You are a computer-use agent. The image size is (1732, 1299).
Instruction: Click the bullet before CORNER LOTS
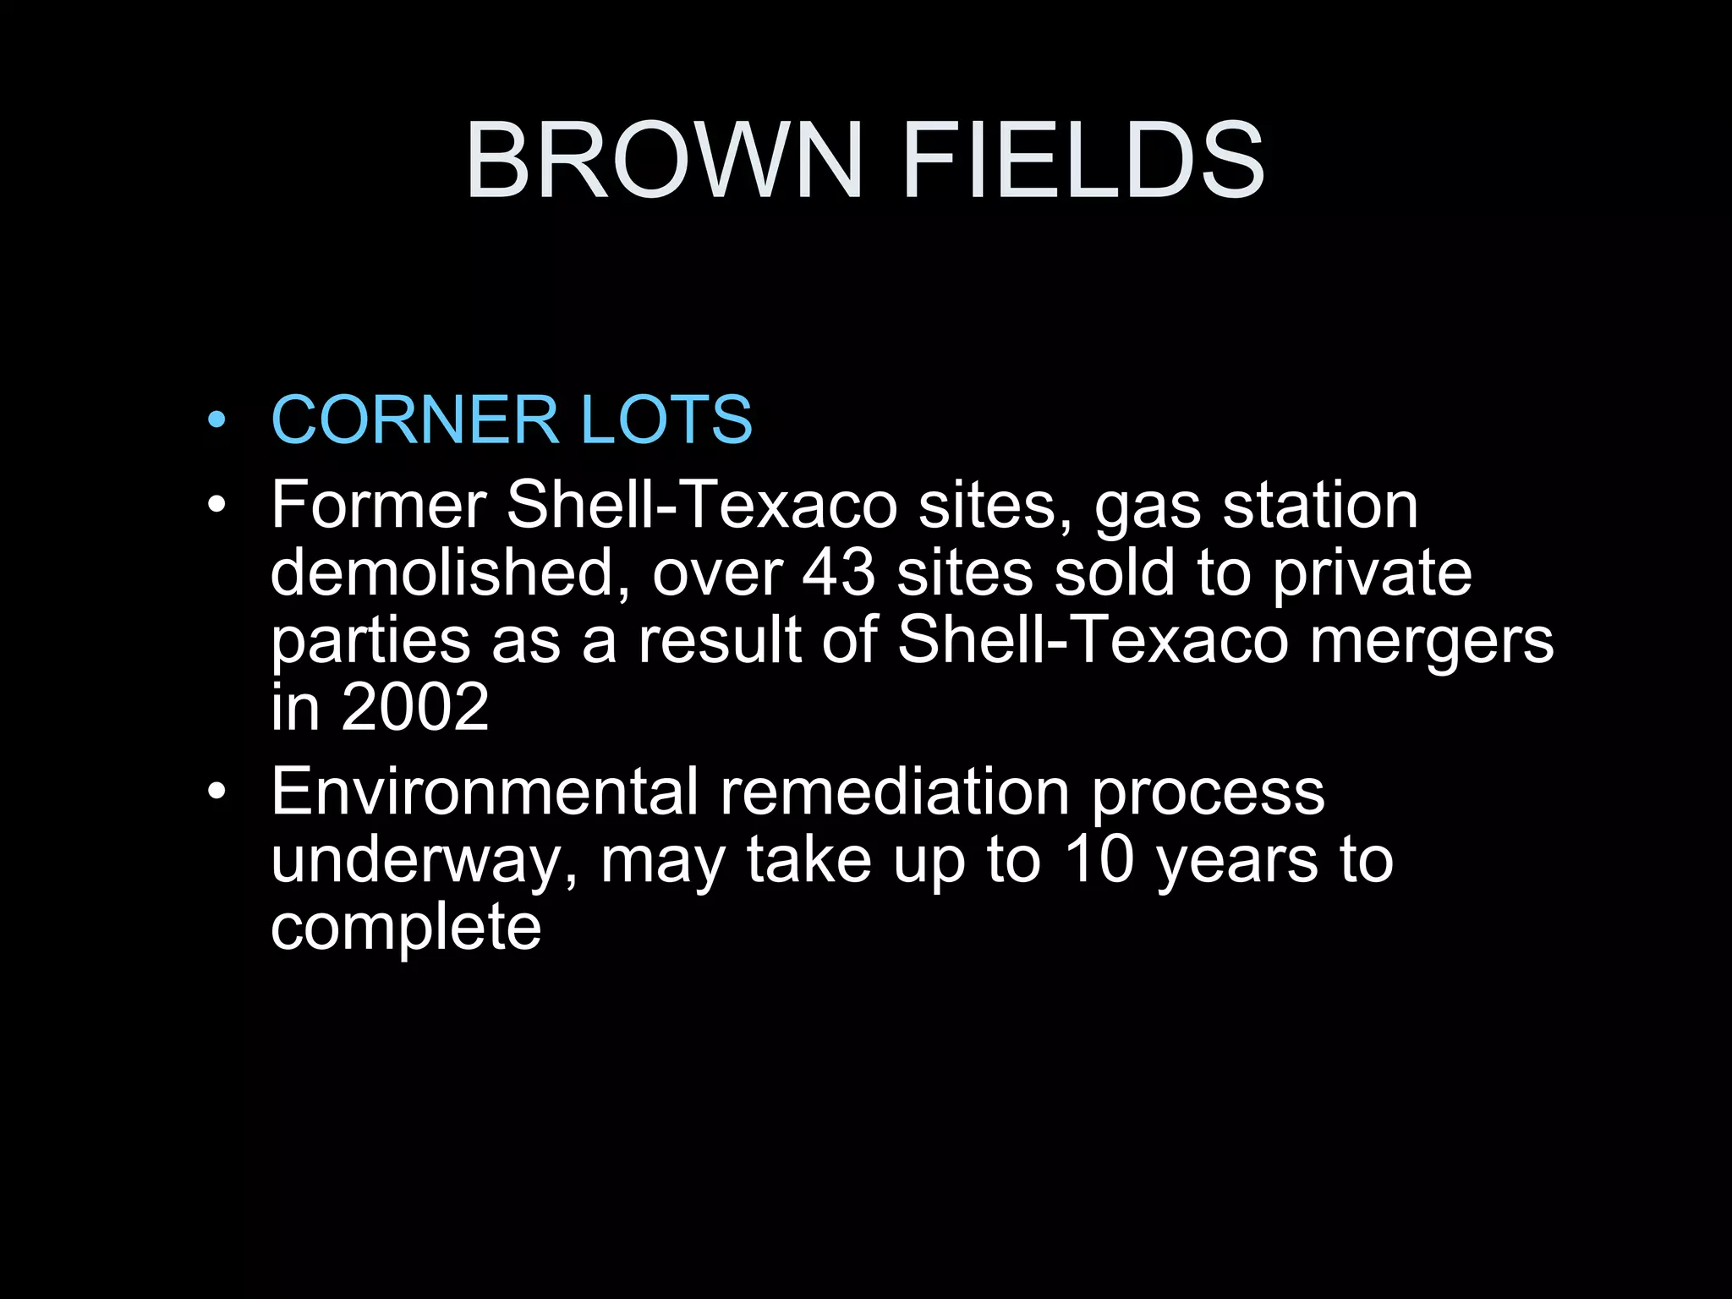[217, 419]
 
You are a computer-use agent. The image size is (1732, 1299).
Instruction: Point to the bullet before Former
[217, 505]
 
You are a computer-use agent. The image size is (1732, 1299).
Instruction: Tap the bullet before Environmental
[217, 792]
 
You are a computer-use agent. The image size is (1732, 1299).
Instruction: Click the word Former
[378, 505]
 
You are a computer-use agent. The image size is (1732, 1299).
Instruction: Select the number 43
[838, 573]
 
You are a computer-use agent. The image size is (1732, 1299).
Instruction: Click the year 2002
[415, 707]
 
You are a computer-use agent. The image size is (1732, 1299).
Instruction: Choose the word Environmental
[485, 792]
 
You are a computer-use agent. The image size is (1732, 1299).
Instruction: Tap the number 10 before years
[1098, 859]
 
